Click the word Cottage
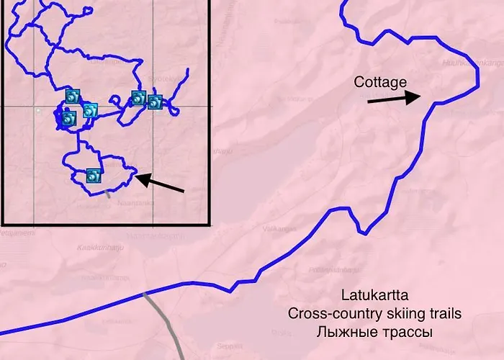(380, 83)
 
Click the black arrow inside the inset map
(159, 183)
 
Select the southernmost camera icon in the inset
(93, 175)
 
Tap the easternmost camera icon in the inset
(155, 102)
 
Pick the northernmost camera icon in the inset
(72, 96)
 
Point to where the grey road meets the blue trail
(145, 293)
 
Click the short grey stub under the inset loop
(107, 193)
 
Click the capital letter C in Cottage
(359, 83)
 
